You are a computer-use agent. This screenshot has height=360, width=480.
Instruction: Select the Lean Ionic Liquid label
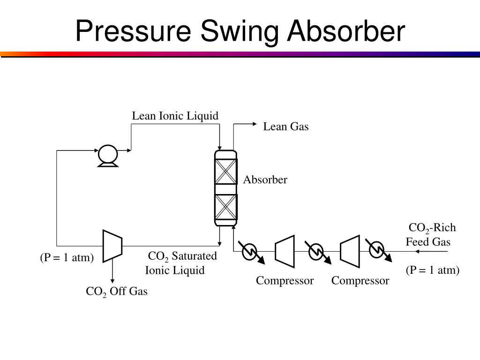(175, 116)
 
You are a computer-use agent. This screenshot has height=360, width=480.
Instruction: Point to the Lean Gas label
(285, 127)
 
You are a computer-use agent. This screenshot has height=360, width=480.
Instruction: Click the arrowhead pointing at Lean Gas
(255, 124)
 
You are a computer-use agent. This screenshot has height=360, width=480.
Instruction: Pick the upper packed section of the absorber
(226, 172)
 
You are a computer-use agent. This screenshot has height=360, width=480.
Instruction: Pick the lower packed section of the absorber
(226, 207)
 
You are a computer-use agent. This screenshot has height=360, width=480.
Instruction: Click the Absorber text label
(265, 180)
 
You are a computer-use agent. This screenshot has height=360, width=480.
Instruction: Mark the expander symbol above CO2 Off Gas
(112, 246)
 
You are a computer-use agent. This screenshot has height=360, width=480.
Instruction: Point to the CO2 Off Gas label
(116, 292)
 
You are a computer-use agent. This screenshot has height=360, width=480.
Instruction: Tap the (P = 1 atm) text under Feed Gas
(432, 270)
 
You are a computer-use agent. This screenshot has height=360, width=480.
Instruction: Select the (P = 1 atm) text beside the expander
(67, 258)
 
